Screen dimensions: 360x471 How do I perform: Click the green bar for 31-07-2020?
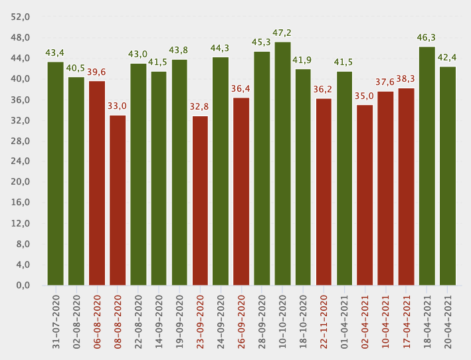[x=56, y=173]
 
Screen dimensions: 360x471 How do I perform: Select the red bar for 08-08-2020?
[x=118, y=200]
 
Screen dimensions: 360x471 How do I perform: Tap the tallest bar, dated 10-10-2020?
[x=282, y=163]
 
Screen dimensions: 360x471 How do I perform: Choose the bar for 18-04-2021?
[x=426, y=166]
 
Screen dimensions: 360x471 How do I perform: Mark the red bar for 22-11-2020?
[x=324, y=192]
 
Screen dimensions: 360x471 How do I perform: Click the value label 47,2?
[x=282, y=33]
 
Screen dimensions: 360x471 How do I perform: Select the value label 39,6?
[x=97, y=72]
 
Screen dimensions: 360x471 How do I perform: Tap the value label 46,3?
[x=426, y=37]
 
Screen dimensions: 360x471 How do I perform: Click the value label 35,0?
[x=365, y=96]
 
